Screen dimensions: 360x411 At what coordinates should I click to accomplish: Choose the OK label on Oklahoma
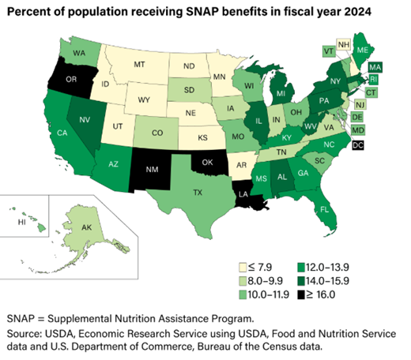[x=208, y=163]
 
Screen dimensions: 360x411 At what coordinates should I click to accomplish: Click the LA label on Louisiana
[x=244, y=193]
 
